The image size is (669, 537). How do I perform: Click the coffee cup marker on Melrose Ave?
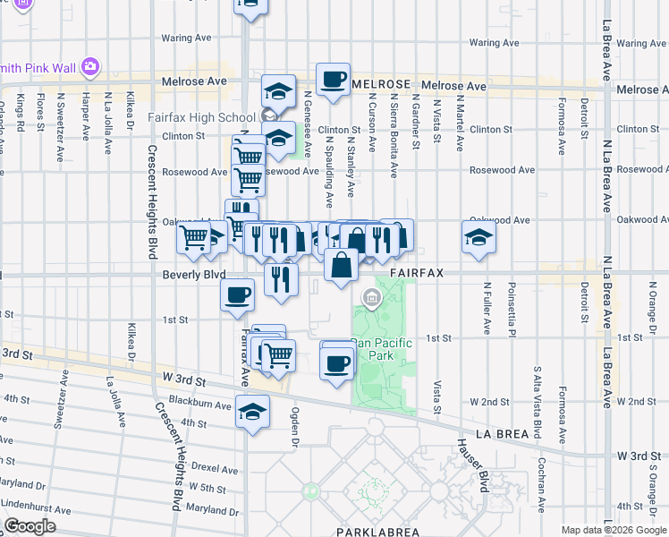click(333, 80)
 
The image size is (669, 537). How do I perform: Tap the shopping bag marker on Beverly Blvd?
click(342, 265)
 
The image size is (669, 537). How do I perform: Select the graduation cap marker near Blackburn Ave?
click(253, 413)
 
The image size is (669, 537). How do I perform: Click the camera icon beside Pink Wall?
click(89, 66)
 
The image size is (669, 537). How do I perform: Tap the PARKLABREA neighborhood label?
click(377, 532)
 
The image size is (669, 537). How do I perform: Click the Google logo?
click(30, 526)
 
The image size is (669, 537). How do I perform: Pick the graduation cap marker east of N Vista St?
click(479, 237)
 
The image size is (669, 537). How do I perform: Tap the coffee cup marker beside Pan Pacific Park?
click(337, 362)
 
